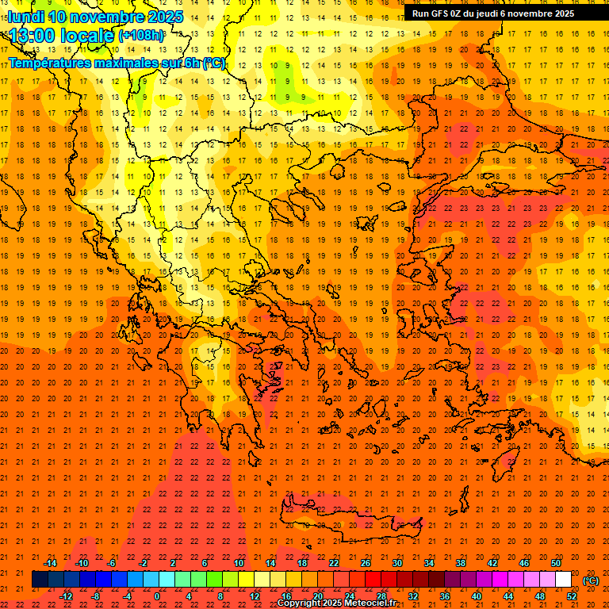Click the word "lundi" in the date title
pyautogui.click(x=25, y=17)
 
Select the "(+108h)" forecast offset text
pyautogui.click(x=141, y=36)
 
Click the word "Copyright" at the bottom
pyautogui.click(x=300, y=603)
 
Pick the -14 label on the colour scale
pyautogui.click(x=50, y=563)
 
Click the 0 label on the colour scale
pyautogui.click(x=158, y=596)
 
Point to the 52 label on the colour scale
pyautogui.click(x=571, y=596)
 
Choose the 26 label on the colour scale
pyautogui.click(x=365, y=563)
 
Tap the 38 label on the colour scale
pyautogui.click(x=460, y=563)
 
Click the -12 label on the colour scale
pyautogui.click(x=66, y=596)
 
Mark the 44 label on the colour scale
pyautogui.click(x=507, y=596)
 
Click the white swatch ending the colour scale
pyautogui.click(x=563, y=580)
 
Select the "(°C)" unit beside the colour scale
pyautogui.click(x=590, y=580)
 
